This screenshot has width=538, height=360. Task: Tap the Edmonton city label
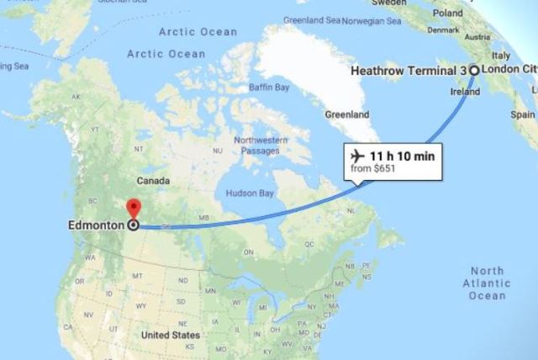[x=97, y=225]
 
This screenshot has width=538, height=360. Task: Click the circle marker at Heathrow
[x=473, y=71]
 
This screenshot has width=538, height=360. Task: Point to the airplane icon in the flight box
[x=356, y=156]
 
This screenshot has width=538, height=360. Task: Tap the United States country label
[x=171, y=335]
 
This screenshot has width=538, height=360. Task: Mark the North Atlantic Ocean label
[x=488, y=283]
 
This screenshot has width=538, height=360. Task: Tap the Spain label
[x=527, y=112]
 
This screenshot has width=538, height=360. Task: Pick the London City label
[x=509, y=71]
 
